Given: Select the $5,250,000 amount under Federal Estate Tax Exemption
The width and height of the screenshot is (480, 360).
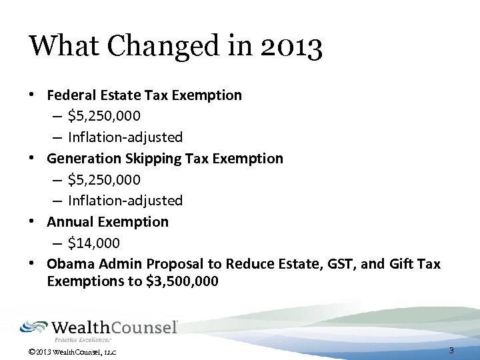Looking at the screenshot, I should pos(104,116).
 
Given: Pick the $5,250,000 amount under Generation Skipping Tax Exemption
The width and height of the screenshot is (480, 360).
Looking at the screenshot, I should pos(104,179).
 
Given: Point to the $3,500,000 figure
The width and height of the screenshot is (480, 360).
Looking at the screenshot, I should pos(182,281).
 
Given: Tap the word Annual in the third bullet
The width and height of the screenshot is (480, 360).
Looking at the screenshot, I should pos(70,221).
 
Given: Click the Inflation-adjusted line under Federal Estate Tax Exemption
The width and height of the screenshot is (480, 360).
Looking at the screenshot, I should pos(125,137).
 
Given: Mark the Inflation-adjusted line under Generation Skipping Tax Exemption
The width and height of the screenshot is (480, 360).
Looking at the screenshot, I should pos(125,201).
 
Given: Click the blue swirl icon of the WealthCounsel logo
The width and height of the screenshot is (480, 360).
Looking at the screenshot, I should pos(34,327).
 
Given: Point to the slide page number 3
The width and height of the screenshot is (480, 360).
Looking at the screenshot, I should pos(451,351).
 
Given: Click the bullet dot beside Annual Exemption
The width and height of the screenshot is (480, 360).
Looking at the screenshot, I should pos(32,221).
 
